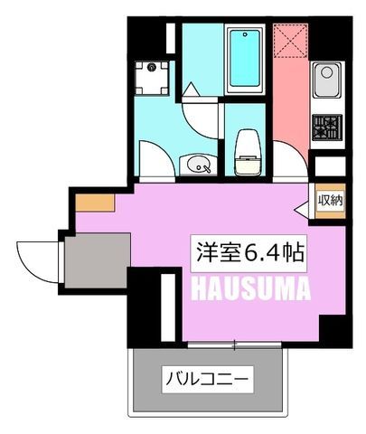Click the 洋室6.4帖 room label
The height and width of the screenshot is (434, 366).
(x=249, y=253)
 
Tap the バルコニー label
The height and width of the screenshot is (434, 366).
(x=208, y=379)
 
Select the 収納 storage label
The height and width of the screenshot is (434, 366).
(x=331, y=201)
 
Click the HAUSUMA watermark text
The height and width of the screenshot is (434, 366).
(x=250, y=288)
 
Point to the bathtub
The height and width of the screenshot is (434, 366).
(x=245, y=59)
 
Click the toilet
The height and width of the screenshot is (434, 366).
(x=248, y=152)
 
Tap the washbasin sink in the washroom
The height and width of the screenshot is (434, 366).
(x=199, y=165)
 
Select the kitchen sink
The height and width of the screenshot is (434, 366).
(x=327, y=80)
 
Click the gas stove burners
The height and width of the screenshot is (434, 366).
(x=327, y=127)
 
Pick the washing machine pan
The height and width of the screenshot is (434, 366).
(x=152, y=78)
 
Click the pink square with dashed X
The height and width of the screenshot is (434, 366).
(x=291, y=41)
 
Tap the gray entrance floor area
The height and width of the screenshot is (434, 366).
(x=98, y=260)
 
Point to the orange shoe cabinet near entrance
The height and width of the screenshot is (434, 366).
(x=95, y=203)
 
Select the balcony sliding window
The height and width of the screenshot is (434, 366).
(x=235, y=345)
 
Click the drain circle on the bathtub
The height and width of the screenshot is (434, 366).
(x=246, y=34)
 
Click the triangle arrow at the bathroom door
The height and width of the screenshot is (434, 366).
(x=191, y=90)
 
